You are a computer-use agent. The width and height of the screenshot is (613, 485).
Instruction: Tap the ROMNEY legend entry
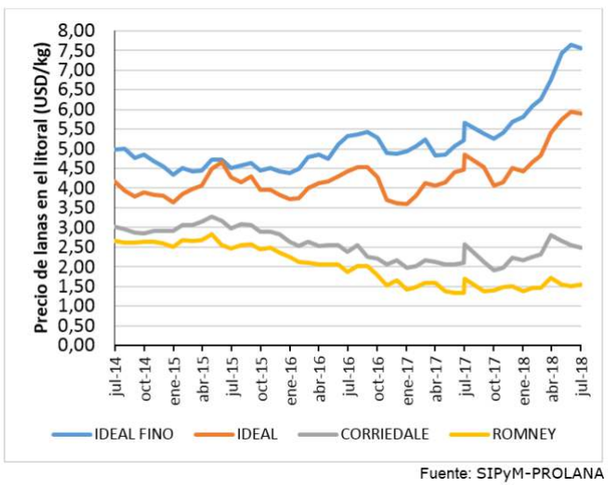click(526, 434)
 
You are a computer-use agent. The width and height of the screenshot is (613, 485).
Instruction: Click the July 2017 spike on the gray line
click(465, 243)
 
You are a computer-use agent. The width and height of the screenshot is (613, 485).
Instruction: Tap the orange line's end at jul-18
click(582, 113)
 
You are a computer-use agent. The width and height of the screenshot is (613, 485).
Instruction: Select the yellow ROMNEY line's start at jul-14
click(115, 239)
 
